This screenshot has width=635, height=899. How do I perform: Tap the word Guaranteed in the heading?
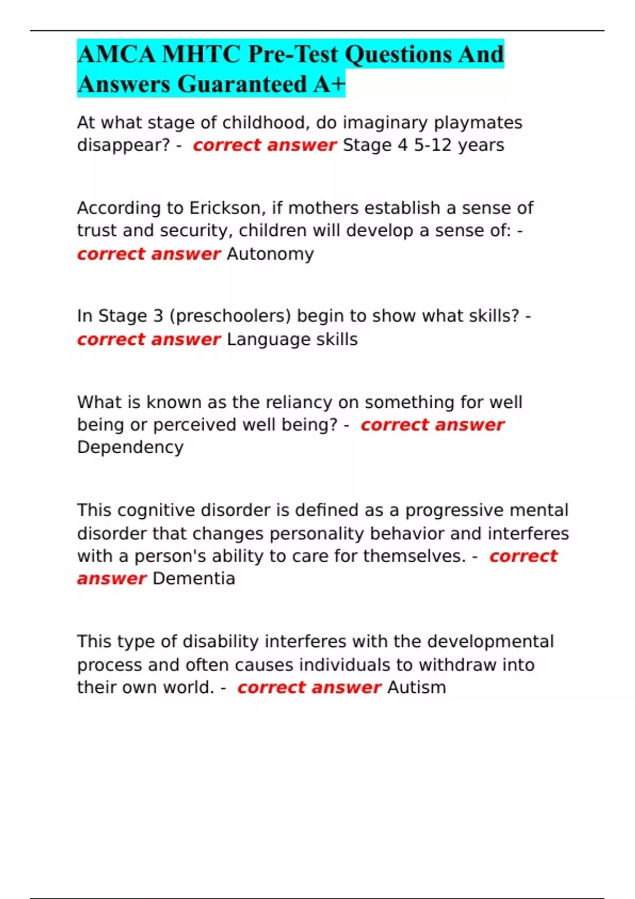(x=242, y=84)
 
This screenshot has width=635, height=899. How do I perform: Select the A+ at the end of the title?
(x=329, y=84)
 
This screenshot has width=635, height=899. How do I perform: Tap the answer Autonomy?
(x=270, y=254)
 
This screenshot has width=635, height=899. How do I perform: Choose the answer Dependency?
(x=130, y=447)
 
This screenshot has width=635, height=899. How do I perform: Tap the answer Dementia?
(x=194, y=579)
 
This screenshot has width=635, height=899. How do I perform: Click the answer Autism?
(x=416, y=687)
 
